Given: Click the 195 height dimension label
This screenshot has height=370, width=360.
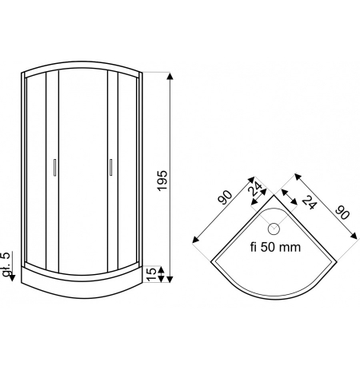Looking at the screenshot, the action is (x=162, y=181).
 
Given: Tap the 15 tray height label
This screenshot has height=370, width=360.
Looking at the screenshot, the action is (x=151, y=274).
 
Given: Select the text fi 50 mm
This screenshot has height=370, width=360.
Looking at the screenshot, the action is (x=275, y=247).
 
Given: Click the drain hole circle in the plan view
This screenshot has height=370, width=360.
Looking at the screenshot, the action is (x=274, y=229).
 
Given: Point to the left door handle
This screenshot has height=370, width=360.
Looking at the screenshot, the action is (x=54, y=168).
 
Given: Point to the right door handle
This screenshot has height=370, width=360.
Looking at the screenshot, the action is (x=110, y=167).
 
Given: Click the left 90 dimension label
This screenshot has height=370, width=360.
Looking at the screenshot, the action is (x=225, y=197).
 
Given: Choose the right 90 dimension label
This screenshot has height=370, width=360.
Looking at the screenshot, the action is (x=342, y=213).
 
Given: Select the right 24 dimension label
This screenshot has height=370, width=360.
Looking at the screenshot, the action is (x=310, y=202).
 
